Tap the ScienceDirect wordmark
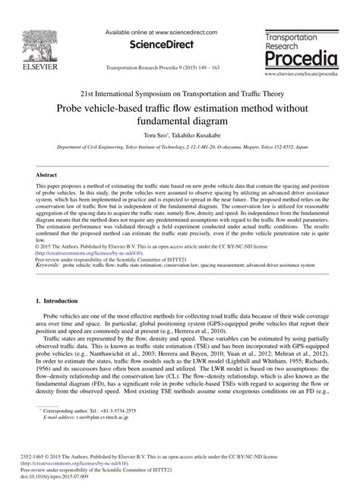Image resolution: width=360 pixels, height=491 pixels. (x=162, y=44)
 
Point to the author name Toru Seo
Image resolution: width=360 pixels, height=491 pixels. (x=147, y=133)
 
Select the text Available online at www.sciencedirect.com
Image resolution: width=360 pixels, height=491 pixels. (x=162, y=33)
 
